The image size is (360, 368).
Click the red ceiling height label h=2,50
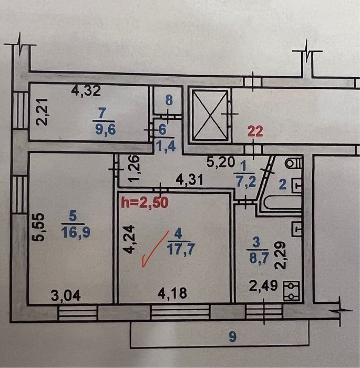click(x=145, y=202)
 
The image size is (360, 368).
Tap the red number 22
click(x=255, y=131)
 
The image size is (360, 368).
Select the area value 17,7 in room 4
click(x=180, y=250)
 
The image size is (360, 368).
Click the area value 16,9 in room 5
click(x=76, y=233)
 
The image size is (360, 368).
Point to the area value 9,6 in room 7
click(x=105, y=129)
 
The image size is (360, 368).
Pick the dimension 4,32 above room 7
click(x=86, y=90)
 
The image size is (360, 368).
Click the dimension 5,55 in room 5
click(x=38, y=227)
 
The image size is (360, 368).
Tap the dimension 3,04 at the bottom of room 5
click(x=66, y=295)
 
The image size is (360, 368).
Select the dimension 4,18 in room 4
click(x=172, y=293)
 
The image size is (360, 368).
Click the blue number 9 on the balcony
click(x=233, y=338)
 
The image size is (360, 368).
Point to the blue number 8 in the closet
click(x=169, y=100)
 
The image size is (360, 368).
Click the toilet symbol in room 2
click(x=293, y=163)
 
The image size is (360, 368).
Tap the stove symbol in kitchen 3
click(x=292, y=291)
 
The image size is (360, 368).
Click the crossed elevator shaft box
click(x=210, y=115)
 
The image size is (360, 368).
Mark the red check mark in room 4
click(x=155, y=249)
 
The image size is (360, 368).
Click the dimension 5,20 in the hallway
click(x=221, y=162)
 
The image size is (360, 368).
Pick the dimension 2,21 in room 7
click(x=43, y=111)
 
